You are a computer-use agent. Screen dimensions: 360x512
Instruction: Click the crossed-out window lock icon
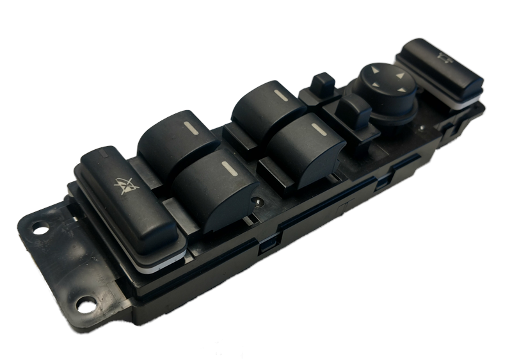click(126, 184)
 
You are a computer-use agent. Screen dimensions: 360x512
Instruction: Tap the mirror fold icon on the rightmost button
click(442, 58)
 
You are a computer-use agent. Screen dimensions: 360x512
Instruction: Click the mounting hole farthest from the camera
click(39, 227)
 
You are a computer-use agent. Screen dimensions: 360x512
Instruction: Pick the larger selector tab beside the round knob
click(353, 110)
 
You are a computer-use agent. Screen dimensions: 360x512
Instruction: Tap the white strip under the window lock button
click(160, 259)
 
